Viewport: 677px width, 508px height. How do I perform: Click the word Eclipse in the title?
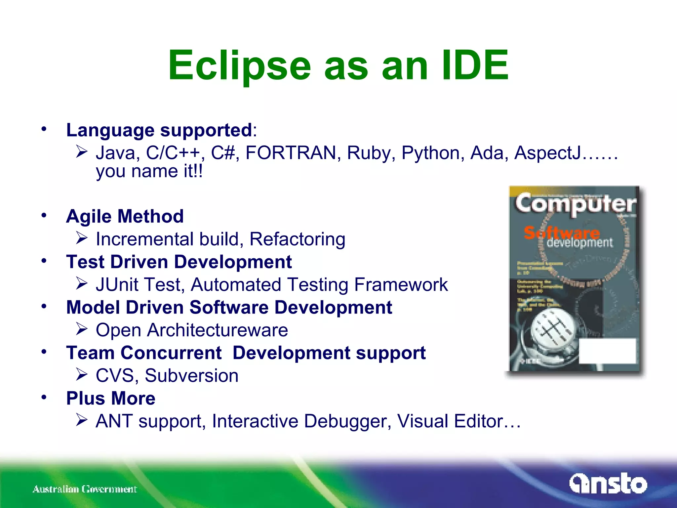[x=239, y=65]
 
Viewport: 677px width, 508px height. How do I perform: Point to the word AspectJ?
[x=548, y=153]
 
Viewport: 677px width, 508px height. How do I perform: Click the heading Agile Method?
[x=125, y=216]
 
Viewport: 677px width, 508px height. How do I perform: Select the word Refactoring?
[x=297, y=239]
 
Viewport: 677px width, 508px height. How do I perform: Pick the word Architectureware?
[x=218, y=330]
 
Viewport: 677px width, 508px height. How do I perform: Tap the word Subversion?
[x=191, y=376]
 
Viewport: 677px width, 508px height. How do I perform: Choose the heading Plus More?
[x=111, y=398]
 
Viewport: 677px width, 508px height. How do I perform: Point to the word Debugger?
[x=347, y=421]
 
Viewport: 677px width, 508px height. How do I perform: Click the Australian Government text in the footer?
[x=85, y=489]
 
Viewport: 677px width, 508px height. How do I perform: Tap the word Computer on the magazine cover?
[x=575, y=204]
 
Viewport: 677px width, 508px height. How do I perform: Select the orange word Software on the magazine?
[x=561, y=233]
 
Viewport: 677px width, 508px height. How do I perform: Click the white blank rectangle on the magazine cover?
[x=608, y=351]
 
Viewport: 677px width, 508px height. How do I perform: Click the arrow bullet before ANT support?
[x=81, y=420]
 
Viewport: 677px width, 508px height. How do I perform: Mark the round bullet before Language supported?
[x=44, y=129]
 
